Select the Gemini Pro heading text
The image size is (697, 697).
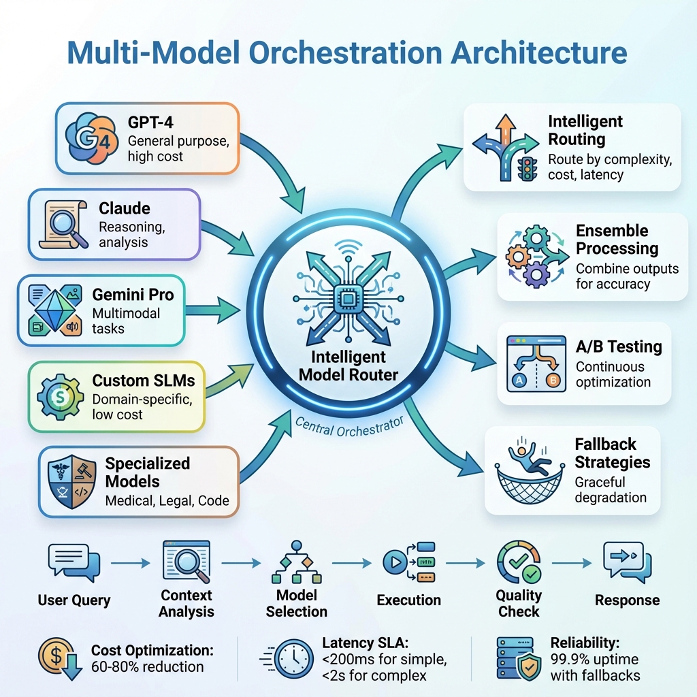pos(133,295)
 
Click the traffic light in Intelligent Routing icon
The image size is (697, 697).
pos(526,168)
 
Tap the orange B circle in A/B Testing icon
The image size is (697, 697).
pos(553,379)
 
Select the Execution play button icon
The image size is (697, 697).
pos(393,563)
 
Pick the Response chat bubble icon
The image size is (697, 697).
pos(627,564)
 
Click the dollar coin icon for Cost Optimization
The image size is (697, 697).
pos(57,658)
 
